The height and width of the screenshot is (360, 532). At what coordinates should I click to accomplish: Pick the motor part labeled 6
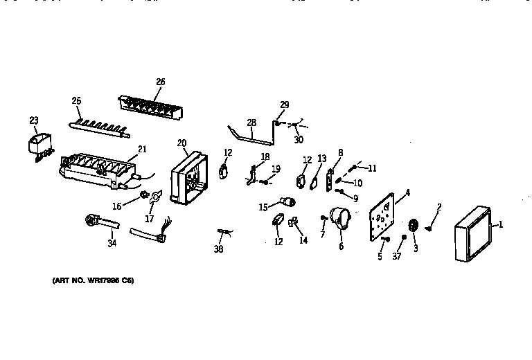339,219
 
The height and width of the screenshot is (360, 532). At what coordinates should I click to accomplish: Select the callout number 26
160,82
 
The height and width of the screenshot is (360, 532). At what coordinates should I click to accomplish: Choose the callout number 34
112,242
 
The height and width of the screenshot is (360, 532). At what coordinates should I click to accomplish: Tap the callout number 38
219,249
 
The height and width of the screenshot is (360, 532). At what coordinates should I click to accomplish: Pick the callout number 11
372,168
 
